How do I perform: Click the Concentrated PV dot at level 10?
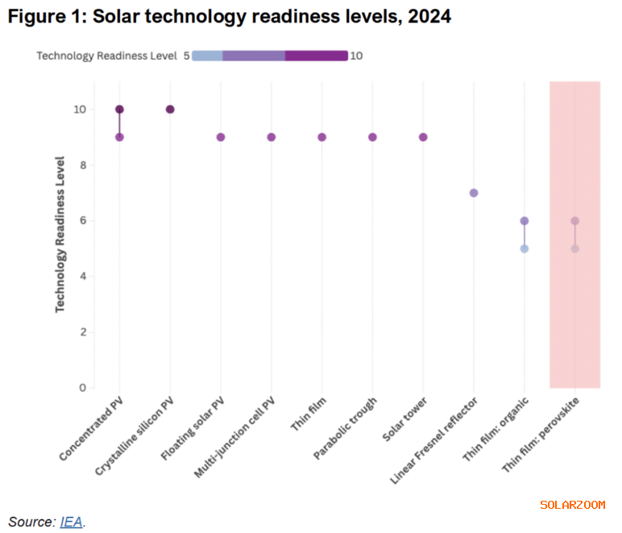click(119, 110)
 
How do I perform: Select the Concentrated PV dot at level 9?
click(119, 137)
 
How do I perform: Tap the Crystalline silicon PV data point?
click(170, 110)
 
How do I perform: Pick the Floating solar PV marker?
click(221, 137)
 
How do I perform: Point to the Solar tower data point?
click(423, 137)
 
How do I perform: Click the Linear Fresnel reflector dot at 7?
click(474, 193)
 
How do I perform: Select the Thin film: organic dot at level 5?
click(525, 248)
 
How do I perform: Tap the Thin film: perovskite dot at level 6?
click(574, 221)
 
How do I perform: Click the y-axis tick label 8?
click(81, 165)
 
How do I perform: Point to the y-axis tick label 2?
click(81, 332)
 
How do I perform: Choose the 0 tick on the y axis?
click(81, 388)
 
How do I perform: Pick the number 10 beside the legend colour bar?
click(356, 56)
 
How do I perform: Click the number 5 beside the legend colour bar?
click(185, 56)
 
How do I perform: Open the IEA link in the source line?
click(70, 522)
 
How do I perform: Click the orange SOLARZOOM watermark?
click(572, 505)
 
